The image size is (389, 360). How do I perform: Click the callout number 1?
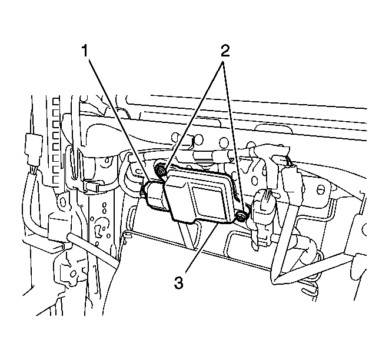(x=85, y=51)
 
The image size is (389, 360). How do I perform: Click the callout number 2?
(x=225, y=51)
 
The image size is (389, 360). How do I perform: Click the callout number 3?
(x=179, y=282)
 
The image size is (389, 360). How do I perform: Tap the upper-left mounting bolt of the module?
(x=160, y=171)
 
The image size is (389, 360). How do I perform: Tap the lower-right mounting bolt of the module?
(x=240, y=216)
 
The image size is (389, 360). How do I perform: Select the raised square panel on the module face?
(x=208, y=201)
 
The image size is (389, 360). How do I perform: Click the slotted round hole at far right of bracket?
(x=321, y=191)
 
